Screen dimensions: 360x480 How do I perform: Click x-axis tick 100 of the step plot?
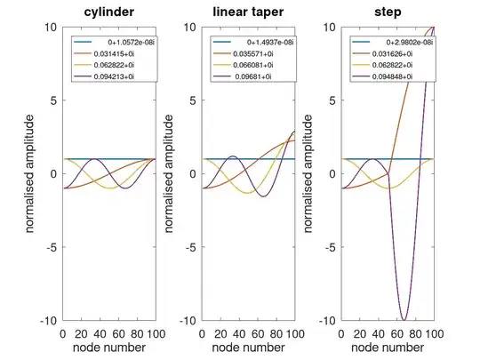434,332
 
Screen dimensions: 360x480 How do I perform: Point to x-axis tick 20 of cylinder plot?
81,332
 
